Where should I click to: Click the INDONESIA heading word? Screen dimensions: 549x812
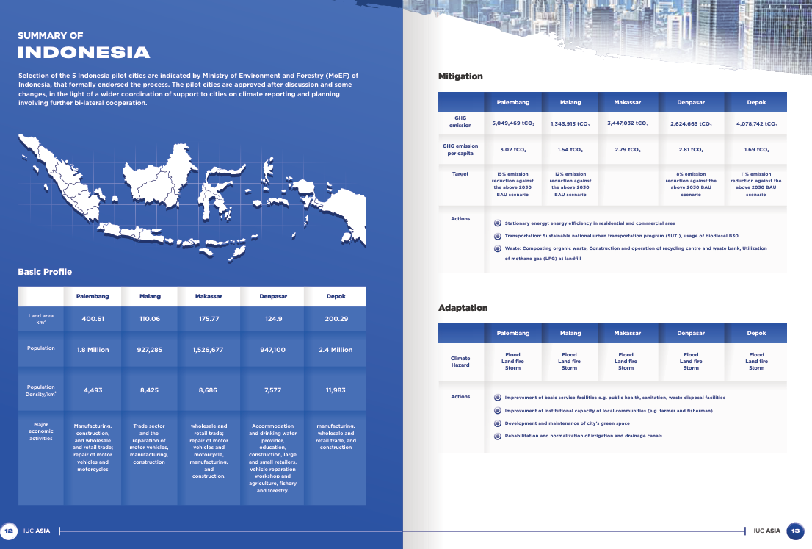pos(84,52)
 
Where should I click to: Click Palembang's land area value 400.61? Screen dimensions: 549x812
pos(93,319)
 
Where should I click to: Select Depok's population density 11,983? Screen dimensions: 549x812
pos(336,390)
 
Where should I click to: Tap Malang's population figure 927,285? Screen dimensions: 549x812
pos(149,350)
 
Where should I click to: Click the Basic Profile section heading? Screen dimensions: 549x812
pos(45,272)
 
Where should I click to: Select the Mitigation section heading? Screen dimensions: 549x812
pos(460,76)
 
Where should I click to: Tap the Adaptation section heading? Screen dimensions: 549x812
pos(463,307)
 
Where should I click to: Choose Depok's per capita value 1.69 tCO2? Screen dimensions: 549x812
pos(756,150)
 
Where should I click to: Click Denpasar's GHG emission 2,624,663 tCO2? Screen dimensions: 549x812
pos(691,124)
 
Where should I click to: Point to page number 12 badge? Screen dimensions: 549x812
pos(10,531)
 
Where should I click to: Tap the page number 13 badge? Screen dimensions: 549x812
pos(796,531)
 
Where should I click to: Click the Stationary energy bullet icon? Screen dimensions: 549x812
pos(497,223)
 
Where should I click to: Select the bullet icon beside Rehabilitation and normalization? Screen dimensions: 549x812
pos(497,436)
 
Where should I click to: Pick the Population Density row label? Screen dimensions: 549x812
pos(41,390)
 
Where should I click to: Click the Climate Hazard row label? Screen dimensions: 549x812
pos(460,362)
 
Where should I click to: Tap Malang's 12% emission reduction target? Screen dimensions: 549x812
pos(570,184)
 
